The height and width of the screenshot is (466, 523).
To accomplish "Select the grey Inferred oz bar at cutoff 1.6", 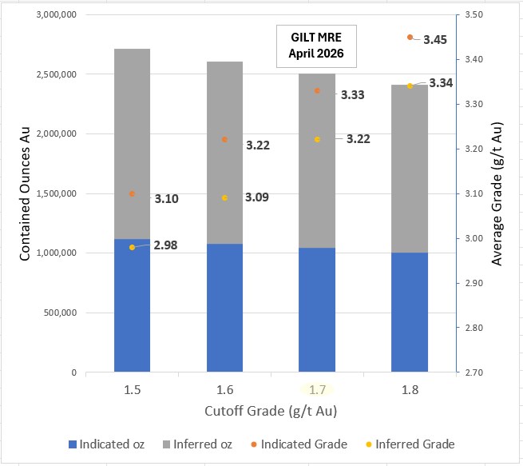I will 224,152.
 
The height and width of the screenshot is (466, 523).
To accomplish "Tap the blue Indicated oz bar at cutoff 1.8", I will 410,312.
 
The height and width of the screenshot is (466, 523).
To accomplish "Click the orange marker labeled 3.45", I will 410,38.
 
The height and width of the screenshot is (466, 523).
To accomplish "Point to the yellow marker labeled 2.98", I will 132,248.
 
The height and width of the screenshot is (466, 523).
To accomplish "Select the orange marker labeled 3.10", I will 132,193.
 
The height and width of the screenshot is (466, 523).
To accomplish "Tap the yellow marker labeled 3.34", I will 410,86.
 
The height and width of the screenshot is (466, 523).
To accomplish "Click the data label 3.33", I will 353,95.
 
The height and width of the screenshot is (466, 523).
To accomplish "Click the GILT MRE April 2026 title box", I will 316,46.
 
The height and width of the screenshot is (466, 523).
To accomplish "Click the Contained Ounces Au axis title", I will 25,193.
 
